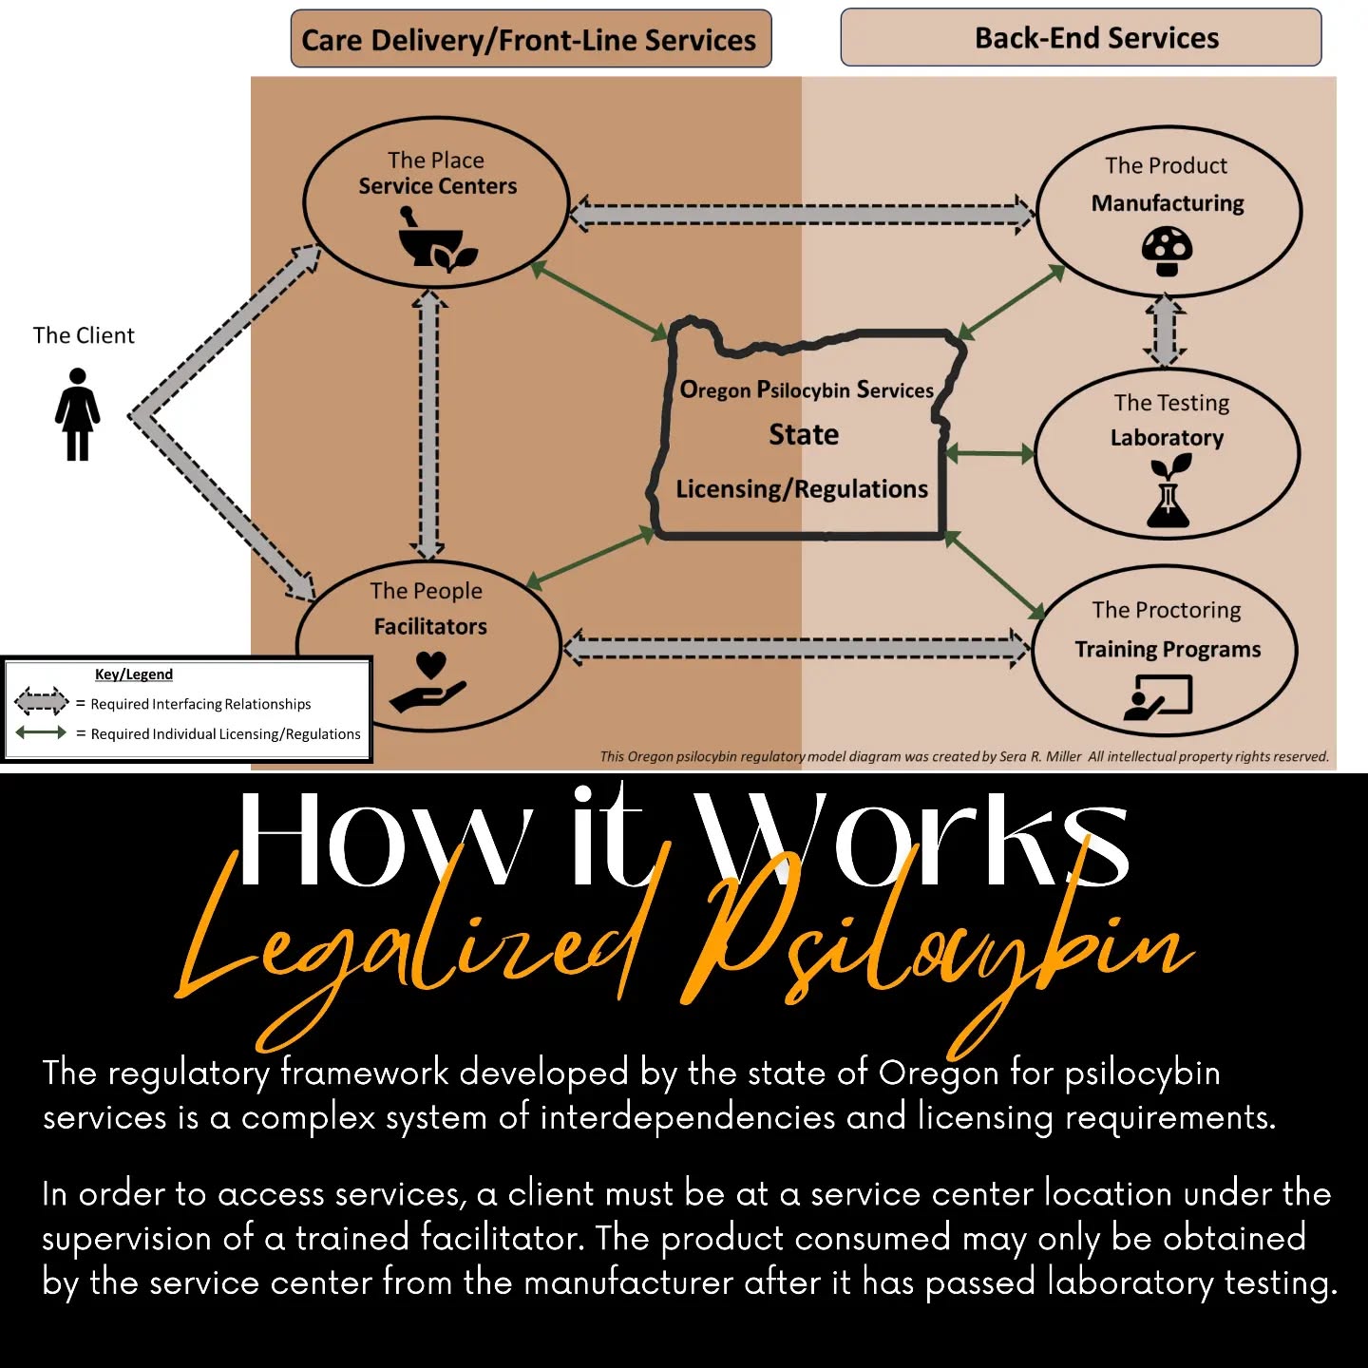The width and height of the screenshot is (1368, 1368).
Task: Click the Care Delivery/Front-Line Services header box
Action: (531, 39)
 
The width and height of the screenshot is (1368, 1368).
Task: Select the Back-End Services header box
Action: (1080, 38)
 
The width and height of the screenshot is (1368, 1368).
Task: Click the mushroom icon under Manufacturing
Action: (1168, 251)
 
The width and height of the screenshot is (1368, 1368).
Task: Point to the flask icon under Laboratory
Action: (1168, 491)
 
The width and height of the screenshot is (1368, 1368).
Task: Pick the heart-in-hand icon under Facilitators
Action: (428, 682)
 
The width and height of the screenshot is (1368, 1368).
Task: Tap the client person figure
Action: (77, 414)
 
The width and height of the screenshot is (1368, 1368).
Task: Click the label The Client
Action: (84, 335)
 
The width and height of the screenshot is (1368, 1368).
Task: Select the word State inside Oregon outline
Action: (804, 434)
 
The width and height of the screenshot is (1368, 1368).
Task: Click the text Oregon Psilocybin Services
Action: (807, 389)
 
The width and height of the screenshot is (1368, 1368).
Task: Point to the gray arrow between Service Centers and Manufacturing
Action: (802, 213)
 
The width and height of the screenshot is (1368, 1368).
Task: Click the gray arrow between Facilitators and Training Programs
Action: (796, 648)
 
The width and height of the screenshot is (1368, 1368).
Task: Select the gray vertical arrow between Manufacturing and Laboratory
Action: (1165, 331)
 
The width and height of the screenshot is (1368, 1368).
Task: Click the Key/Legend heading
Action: (133, 674)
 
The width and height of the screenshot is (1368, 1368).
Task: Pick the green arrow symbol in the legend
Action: (41, 732)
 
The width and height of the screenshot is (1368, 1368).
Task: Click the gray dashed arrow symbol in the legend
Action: (41, 701)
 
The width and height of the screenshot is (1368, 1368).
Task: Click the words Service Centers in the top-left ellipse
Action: (437, 186)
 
